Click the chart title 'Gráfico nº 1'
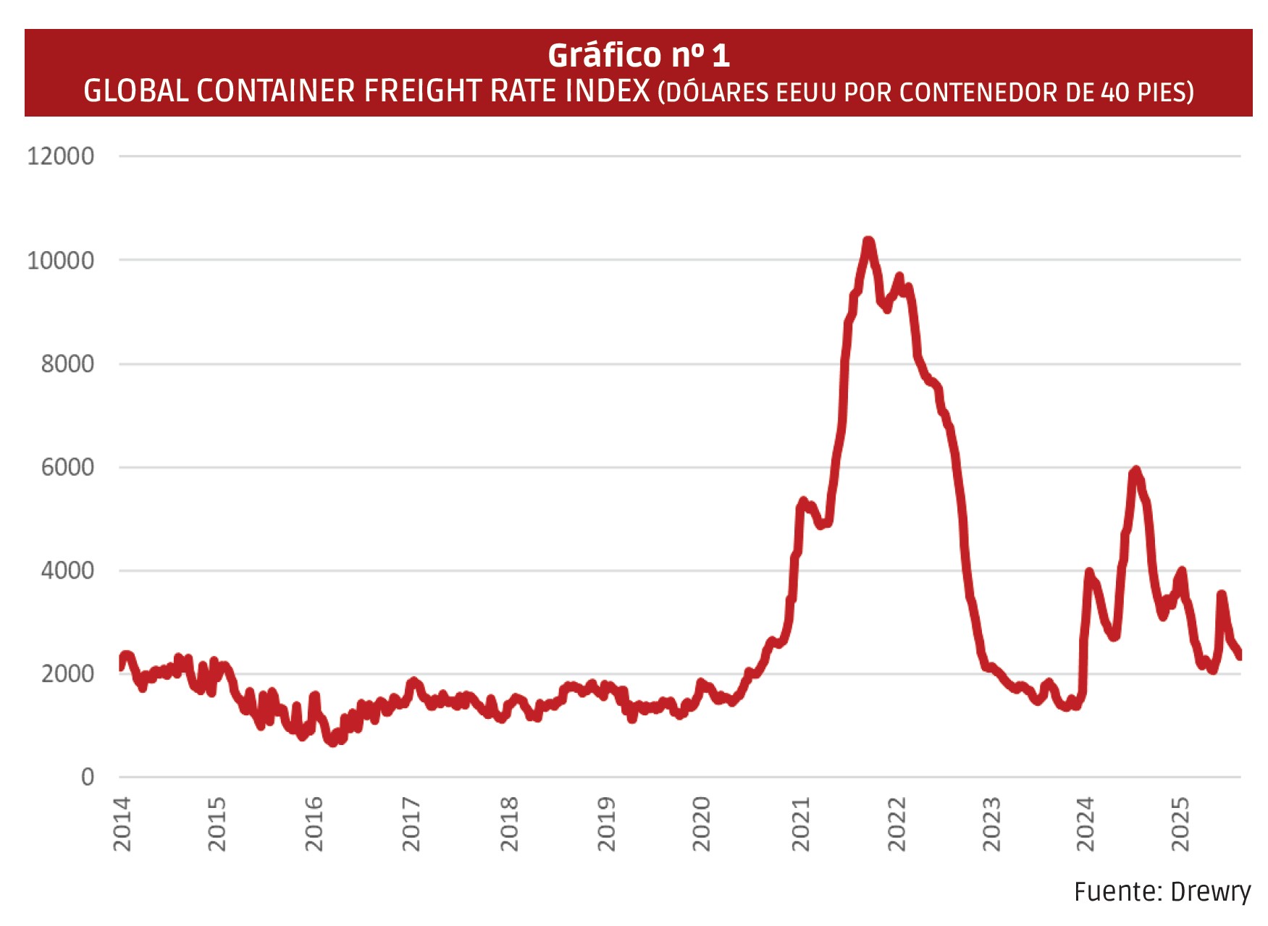[x=638, y=55]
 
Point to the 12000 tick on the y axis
[x=61, y=156]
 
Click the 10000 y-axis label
[x=61, y=260]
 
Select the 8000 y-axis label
[x=67, y=363]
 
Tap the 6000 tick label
[x=67, y=467]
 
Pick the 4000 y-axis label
[x=67, y=571]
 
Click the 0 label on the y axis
[x=88, y=777]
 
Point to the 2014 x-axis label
[x=122, y=824]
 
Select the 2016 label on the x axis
[x=314, y=824]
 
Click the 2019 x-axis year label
[x=605, y=824]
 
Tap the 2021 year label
[x=800, y=824]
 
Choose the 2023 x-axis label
[x=991, y=824]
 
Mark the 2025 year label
[x=1180, y=824]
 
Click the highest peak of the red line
[x=868, y=241]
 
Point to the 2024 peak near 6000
[x=1135, y=471]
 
